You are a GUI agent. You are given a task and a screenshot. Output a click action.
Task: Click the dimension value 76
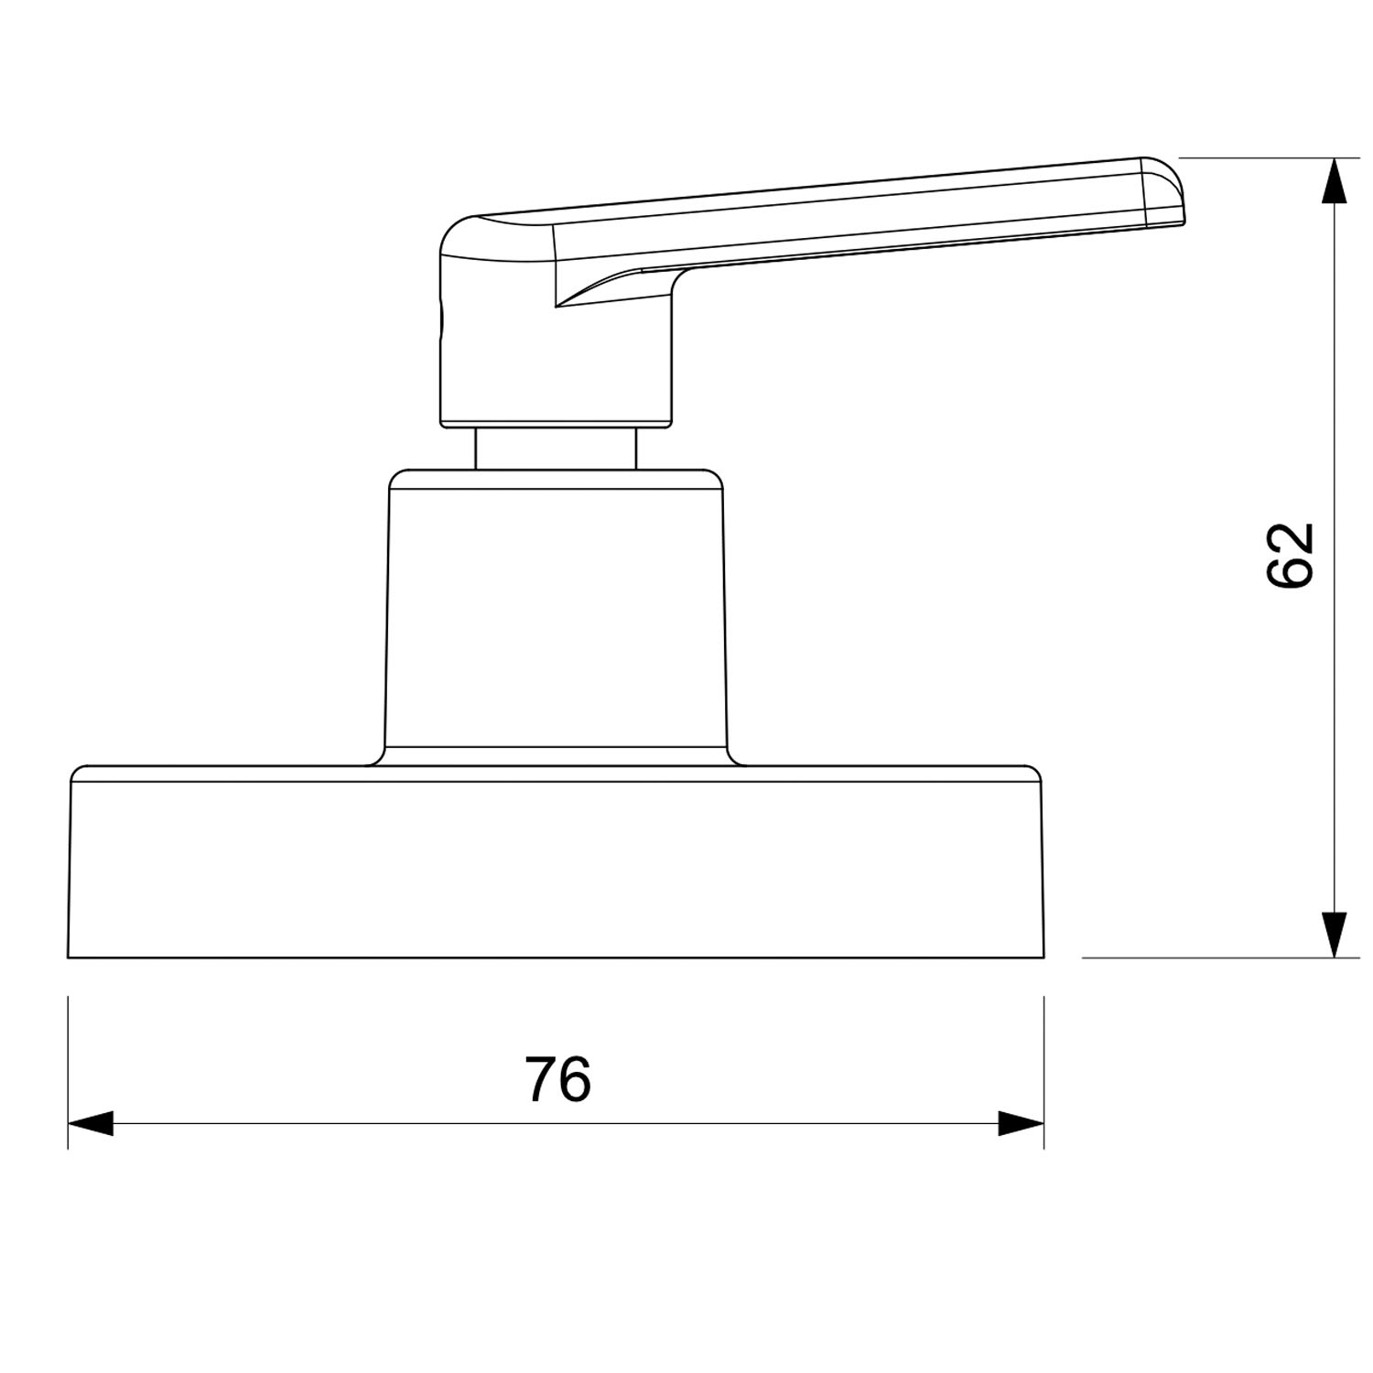(x=557, y=1079)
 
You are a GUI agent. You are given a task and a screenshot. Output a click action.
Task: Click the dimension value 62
(x=1290, y=555)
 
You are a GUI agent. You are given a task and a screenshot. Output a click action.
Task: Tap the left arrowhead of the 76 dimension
(x=90, y=1123)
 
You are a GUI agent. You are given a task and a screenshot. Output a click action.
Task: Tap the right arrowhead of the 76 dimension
(x=1022, y=1123)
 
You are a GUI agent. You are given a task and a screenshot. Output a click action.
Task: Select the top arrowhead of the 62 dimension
(x=1335, y=179)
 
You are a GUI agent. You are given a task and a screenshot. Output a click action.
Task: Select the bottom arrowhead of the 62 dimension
(x=1335, y=935)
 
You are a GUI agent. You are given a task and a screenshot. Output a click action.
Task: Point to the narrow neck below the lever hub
(x=556, y=449)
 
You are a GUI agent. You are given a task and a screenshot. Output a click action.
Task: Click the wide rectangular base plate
(x=556, y=862)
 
